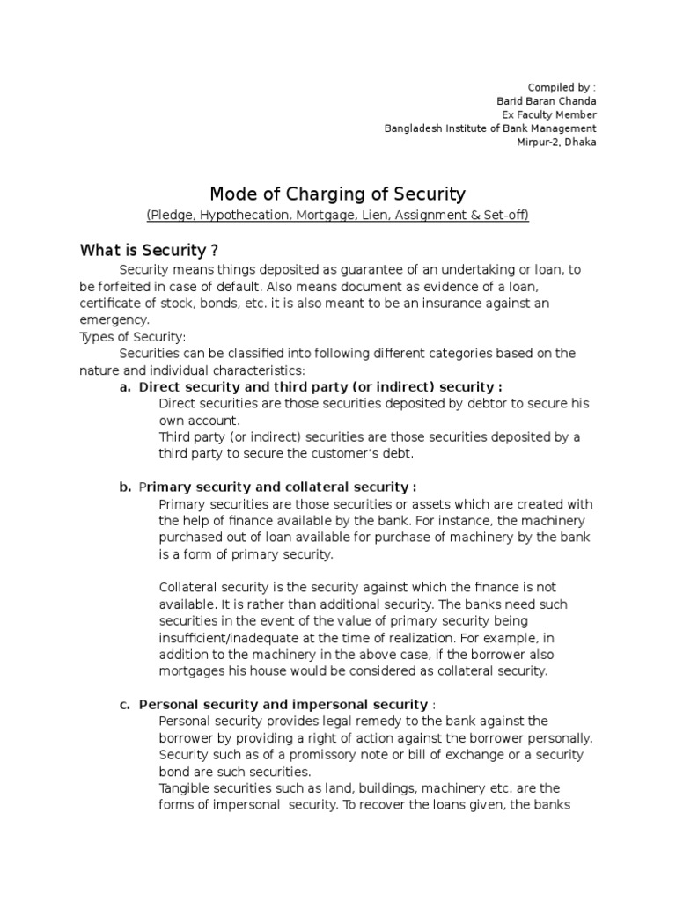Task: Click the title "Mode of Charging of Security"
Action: [x=337, y=194]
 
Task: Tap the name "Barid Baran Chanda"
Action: [x=547, y=100]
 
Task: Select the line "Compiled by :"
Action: [x=562, y=87]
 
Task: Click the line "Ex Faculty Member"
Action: [x=548, y=114]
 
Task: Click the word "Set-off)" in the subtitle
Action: [x=504, y=216]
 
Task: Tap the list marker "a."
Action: [x=125, y=387]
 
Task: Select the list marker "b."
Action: [x=125, y=487]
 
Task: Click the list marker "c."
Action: [x=125, y=705]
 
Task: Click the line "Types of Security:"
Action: [x=132, y=336]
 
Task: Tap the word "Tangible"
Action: [x=184, y=788]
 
